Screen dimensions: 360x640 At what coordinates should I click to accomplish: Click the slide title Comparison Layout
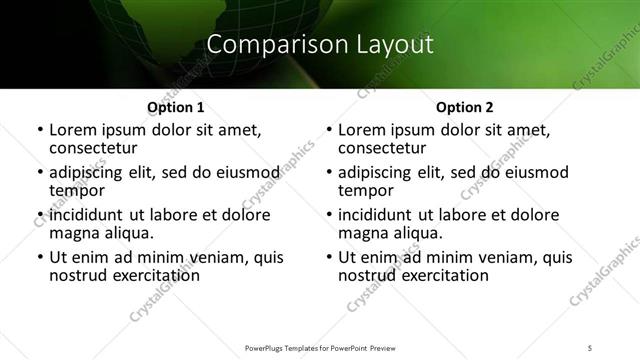pos(320,44)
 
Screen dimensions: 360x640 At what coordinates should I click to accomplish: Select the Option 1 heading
pos(175,107)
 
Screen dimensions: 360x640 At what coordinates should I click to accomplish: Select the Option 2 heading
pos(464,107)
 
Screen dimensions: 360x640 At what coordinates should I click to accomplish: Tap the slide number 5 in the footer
pos(590,347)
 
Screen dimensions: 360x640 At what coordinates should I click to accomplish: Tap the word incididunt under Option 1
pos(87,215)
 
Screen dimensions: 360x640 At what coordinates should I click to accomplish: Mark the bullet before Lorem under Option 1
pos(39,131)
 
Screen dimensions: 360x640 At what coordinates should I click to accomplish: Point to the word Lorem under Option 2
pos(362,129)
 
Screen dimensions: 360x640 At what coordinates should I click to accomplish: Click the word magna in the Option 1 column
pos(73,233)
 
